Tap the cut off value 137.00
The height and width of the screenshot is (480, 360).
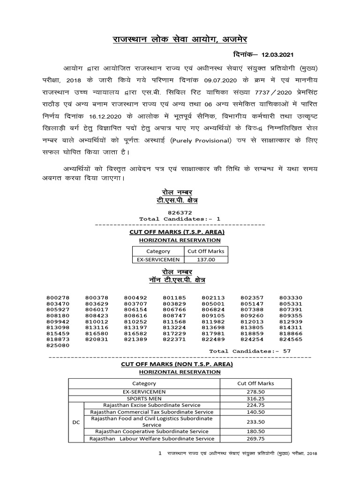206,259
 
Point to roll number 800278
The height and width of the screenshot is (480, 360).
58,298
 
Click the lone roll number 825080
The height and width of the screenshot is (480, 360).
58,345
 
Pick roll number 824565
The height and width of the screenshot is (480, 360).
291,338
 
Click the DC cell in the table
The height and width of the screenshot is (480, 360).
76,422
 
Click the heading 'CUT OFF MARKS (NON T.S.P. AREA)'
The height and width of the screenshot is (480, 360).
177,364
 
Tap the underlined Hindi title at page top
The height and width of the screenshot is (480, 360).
180,39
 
